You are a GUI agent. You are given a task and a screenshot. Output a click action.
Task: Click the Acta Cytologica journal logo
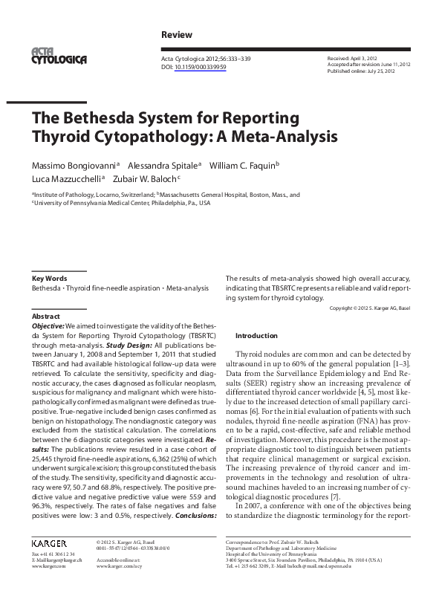(59, 56)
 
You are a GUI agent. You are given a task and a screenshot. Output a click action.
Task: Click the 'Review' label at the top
(176, 35)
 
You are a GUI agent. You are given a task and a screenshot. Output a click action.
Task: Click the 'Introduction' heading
(256, 335)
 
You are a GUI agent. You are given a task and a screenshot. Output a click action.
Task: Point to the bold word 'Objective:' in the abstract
(48, 325)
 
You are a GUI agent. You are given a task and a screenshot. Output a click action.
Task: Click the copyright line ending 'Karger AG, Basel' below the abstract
(368, 308)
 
